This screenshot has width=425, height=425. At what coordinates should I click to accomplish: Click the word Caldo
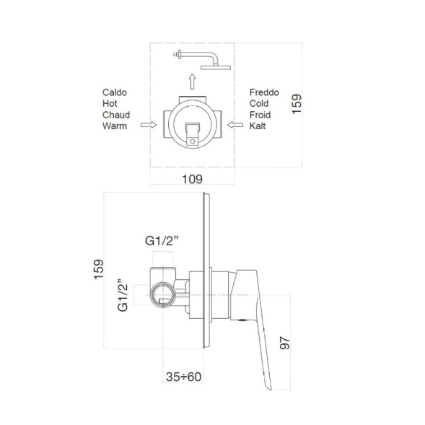click(115, 92)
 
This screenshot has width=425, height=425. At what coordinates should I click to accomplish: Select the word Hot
click(110, 103)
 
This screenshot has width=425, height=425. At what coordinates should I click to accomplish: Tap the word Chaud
click(116, 115)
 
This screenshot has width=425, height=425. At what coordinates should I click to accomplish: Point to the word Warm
click(115, 126)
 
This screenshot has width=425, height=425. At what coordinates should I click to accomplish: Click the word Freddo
click(264, 92)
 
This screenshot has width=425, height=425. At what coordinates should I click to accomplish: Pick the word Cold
click(259, 103)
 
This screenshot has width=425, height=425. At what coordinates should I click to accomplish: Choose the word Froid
click(260, 115)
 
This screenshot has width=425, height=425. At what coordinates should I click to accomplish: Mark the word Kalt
click(258, 126)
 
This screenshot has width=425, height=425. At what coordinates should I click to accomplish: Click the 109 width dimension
click(192, 179)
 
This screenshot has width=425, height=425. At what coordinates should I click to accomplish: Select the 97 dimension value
click(285, 343)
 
